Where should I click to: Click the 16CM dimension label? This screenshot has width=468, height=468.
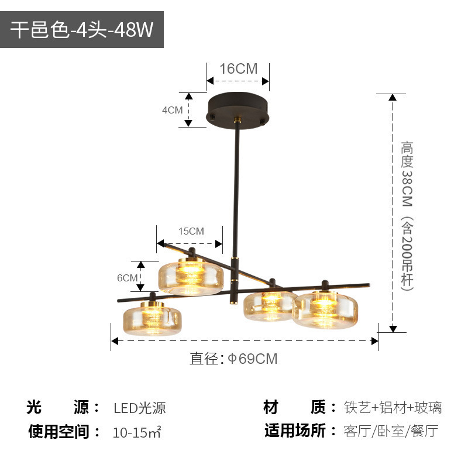pyautogui.click(x=238, y=68)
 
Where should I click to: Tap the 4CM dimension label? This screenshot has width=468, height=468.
pyautogui.click(x=173, y=109)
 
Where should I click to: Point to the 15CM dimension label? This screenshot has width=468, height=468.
pyautogui.click(x=191, y=231)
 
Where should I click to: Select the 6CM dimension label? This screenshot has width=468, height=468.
pyautogui.click(x=127, y=278)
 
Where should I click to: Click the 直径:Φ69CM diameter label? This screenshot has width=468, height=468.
pyautogui.click(x=233, y=359)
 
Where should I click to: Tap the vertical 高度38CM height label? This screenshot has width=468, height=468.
pyautogui.click(x=407, y=215)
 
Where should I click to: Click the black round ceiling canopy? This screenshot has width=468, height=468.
pyautogui.click(x=238, y=109)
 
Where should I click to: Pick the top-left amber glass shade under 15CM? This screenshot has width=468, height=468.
pyautogui.click(x=191, y=277)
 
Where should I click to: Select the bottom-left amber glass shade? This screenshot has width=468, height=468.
pyautogui.click(x=151, y=317)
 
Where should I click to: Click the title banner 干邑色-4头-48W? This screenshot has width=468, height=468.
pyautogui.click(x=82, y=30)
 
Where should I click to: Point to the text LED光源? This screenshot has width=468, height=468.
pyautogui.click(x=140, y=408)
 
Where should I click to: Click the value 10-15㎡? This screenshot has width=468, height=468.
pyautogui.click(x=137, y=433)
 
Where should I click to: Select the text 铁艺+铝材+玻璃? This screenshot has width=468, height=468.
pyautogui.click(x=393, y=408)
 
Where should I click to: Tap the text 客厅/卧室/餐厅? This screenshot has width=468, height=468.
pyautogui.click(x=391, y=432)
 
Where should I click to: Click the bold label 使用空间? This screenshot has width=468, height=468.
pyautogui.click(x=64, y=432)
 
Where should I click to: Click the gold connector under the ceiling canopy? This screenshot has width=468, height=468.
pyautogui.click(x=238, y=121)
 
